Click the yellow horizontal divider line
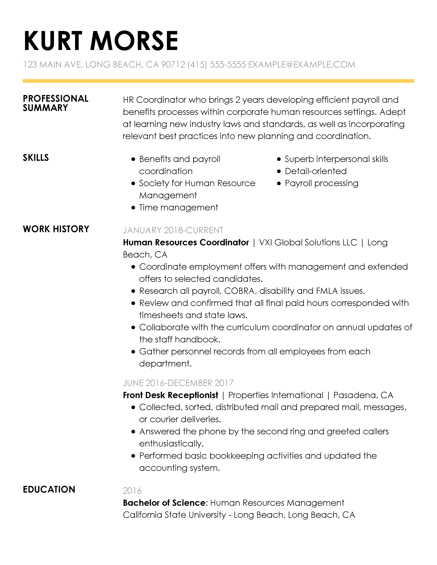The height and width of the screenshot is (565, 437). (218, 81)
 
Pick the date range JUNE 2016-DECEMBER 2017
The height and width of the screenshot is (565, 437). (178, 383)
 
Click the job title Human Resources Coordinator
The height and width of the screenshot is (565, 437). (186, 242)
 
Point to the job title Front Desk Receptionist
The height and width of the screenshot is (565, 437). (171, 395)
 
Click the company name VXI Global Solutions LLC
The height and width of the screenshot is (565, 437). (308, 242)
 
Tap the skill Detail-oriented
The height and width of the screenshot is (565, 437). (315, 171)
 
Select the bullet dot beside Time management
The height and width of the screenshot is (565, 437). (133, 208)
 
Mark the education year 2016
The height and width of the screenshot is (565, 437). (132, 491)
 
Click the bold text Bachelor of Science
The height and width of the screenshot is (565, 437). (165, 503)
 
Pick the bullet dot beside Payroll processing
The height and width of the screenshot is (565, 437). (279, 183)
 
